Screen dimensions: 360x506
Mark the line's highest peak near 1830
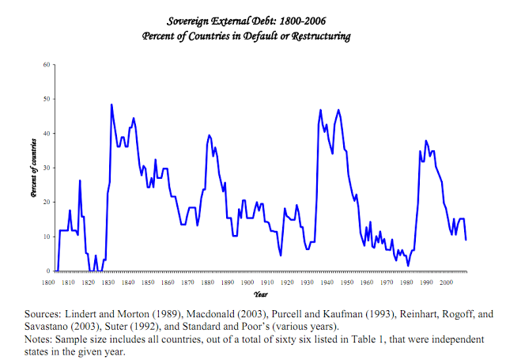coord(111,104)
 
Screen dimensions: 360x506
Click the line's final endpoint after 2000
coord(466,240)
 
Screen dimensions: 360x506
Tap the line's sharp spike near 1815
coord(80,181)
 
